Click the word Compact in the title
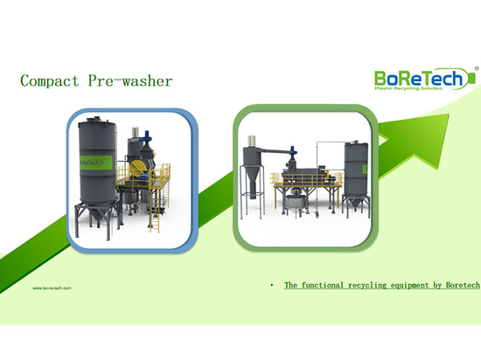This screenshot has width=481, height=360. [x=50, y=81]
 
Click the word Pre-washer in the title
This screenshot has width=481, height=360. [x=130, y=81]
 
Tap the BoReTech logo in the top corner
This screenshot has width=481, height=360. [x=424, y=79]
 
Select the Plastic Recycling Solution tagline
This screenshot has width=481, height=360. [x=408, y=88]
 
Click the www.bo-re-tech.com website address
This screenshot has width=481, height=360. [x=52, y=288]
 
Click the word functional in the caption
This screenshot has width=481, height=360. [x=323, y=285]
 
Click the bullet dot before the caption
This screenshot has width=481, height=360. [x=272, y=286]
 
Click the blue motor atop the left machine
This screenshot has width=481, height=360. [x=147, y=135]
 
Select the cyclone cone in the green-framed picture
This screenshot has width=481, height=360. [x=253, y=181]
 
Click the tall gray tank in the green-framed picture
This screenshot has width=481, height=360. [x=356, y=171]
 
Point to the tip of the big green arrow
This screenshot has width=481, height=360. [x=450, y=114]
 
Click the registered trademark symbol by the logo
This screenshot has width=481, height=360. [x=477, y=69]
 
